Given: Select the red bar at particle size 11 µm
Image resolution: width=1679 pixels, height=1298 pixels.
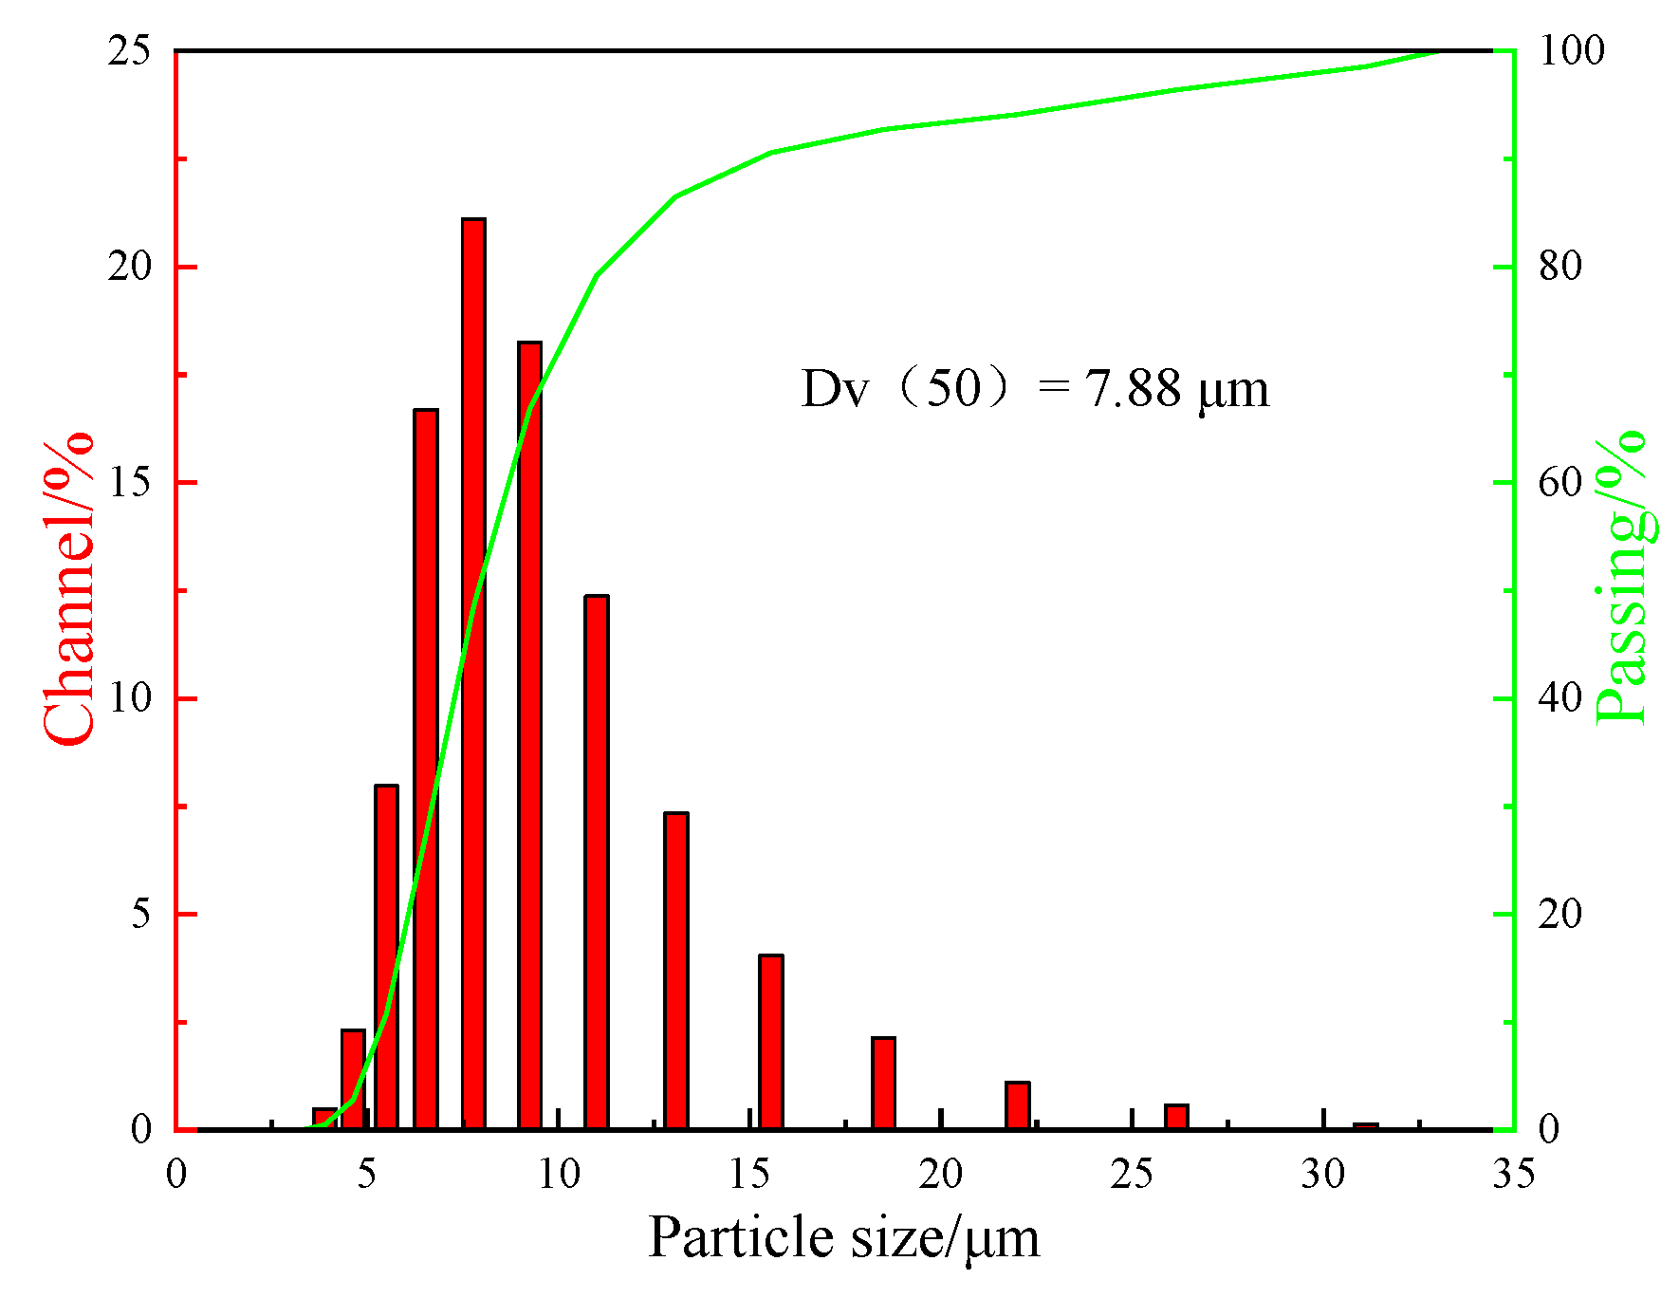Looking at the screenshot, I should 596,863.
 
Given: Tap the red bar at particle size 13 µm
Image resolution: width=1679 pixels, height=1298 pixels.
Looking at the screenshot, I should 675,973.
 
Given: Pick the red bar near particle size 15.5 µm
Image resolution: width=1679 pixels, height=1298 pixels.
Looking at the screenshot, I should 770,1044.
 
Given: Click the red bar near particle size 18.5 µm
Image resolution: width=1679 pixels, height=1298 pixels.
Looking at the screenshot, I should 883,1085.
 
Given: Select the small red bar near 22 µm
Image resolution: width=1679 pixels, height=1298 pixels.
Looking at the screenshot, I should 1017,1106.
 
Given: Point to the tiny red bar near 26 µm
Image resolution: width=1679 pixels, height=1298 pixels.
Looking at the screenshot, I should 1176,1118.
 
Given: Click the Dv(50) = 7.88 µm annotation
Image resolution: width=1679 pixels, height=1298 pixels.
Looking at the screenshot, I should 1034,389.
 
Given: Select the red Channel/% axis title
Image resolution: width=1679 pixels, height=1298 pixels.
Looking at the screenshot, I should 68,588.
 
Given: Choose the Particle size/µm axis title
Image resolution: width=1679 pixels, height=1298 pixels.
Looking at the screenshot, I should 844,1238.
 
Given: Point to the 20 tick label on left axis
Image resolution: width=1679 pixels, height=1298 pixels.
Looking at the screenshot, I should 130,267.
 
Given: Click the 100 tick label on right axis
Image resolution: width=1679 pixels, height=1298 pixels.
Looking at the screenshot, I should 1571,50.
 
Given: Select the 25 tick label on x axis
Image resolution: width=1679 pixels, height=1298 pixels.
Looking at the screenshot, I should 1132,1175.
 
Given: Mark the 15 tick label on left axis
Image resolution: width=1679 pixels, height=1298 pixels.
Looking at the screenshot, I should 130,483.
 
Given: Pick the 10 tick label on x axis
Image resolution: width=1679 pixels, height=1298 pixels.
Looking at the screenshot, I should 558,1175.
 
